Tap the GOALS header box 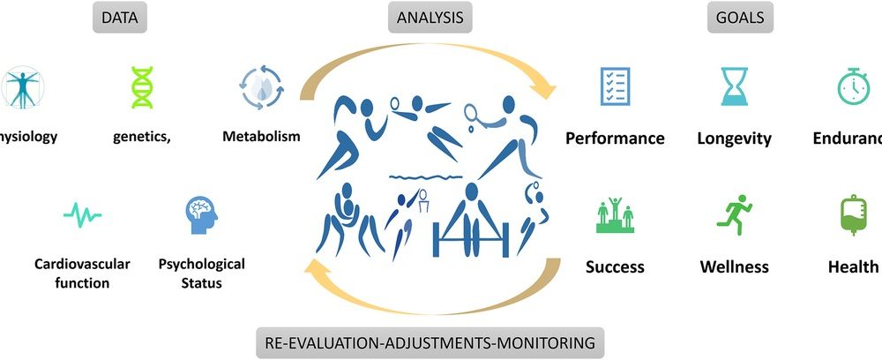pyautogui.click(x=739, y=17)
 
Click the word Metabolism pyautogui.click(x=261, y=137)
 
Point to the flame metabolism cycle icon pyautogui.click(x=261, y=86)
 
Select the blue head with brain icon pyautogui.click(x=201, y=214)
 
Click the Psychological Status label pyautogui.click(x=201, y=273)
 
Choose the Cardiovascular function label pyautogui.click(x=82, y=273)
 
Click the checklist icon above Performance pyautogui.click(x=615, y=86)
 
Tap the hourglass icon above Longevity pyautogui.click(x=734, y=86)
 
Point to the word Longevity pyautogui.click(x=734, y=139)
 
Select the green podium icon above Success pyautogui.click(x=615, y=215)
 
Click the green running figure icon pyautogui.click(x=734, y=214)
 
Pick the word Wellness pyautogui.click(x=734, y=266)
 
